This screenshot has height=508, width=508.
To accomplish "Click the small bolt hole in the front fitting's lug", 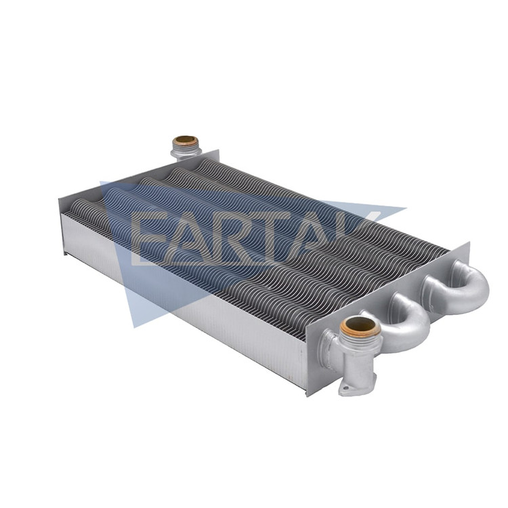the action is click(x=345, y=388).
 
